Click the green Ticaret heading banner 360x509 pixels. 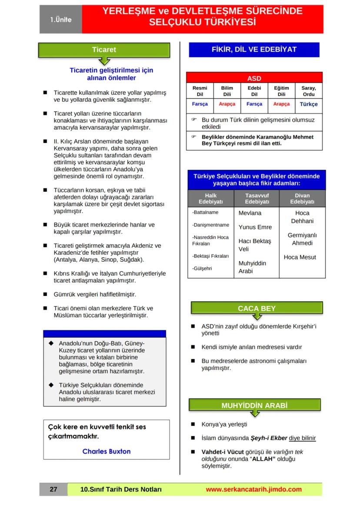point(104,50)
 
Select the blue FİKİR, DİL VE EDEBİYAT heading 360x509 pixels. point(254,50)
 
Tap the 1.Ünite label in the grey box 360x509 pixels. point(60,20)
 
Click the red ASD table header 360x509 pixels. point(254,79)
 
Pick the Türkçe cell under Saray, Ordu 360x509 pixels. point(309,104)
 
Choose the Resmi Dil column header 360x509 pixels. point(200,91)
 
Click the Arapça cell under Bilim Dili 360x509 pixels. point(227,104)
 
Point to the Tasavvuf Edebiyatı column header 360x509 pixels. point(257,199)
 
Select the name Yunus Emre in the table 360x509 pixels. point(255,227)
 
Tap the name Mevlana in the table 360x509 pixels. point(250,213)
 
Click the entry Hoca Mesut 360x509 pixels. point(300,257)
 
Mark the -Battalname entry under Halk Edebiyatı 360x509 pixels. point(205,213)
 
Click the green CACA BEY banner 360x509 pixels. point(257,309)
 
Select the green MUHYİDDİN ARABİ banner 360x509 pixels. point(254,406)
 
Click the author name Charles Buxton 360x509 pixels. point(107,451)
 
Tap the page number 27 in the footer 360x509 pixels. point(53,489)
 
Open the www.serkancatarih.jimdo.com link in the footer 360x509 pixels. point(253,489)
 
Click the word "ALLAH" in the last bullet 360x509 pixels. point(261,459)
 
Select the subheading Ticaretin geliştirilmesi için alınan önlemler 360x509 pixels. point(111,74)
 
